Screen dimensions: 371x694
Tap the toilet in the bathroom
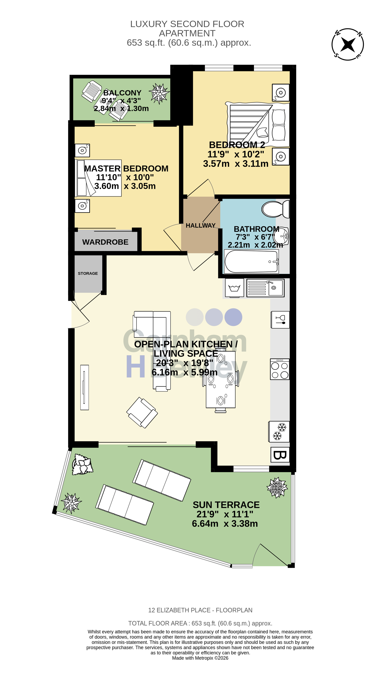point(275,209)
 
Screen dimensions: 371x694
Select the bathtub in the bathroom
point(251,261)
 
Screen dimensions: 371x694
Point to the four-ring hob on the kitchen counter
point(280,369)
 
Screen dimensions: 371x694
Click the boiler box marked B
point(280,455)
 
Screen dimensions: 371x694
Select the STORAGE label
point(88,273)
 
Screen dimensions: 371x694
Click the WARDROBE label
point(105,242)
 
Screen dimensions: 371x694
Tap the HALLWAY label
point(201,226)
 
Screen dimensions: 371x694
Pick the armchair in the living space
point(142,412)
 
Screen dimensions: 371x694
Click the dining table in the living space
point(220,379)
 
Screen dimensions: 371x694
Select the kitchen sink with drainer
point(265,288)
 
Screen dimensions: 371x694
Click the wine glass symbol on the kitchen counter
point(280,320)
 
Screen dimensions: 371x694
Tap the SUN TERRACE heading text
point(226,505)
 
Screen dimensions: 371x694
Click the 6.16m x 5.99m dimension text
point(184,372)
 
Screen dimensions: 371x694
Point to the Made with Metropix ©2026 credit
point(200,658)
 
